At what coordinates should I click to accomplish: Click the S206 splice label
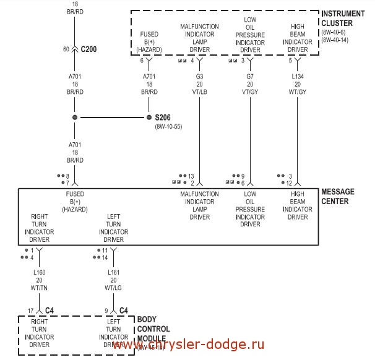pyautogui.click(x=162, y=118)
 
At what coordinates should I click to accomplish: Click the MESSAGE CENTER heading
pyautogui.click(x=338, y=197)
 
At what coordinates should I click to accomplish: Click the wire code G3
pyautogui.click(x=199, y=76)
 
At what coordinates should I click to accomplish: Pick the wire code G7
pyautogui.click(x=250, y=76)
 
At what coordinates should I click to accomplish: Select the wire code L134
pyautogui.click(x=298, y=76)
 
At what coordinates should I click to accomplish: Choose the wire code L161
pyautogui.click(x=113, y=272)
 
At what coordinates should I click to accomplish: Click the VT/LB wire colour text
pyautogui.click(x=199, y=92)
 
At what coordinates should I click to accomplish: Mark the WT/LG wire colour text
pyautogui.click(x=113, y=288)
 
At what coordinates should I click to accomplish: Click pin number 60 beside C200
pyautogui.click(x=66, y=48)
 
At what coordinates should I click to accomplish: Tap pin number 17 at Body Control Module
pyautogui.click(x=30, y=311)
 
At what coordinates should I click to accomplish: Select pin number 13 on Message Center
pyautogui.click(x=191, y=176)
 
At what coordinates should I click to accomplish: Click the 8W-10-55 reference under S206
pyautogui.click(x=168, y=127)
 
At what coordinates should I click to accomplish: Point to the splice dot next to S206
pyautogui.click(x=149, y=117)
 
